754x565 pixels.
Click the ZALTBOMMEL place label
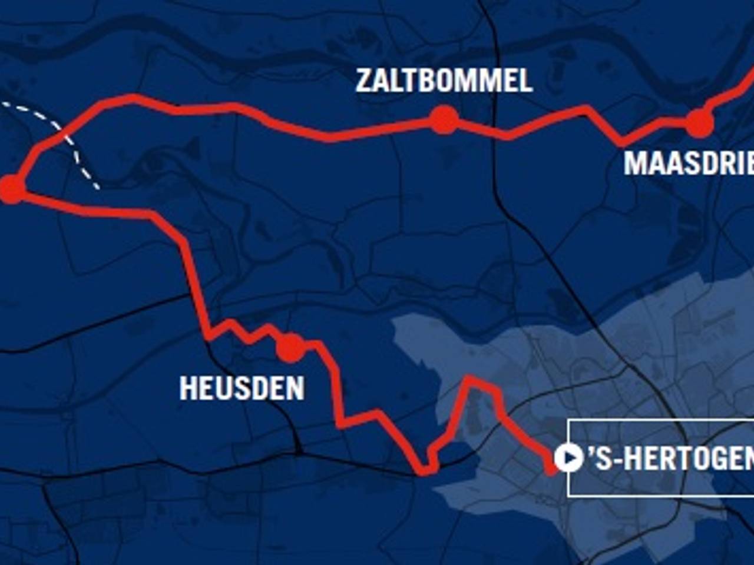[x=444, y=81]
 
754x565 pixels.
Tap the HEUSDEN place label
[x=242, y=388]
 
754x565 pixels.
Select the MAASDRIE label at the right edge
[x=688, y=163]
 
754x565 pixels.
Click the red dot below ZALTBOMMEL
[x=444, y=120]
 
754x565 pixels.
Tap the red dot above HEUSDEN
[x=290, y=347]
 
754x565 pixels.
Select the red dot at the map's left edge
[x=11, y=189]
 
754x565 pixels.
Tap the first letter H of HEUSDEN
[x=187, y=388]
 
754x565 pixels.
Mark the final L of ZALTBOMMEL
[x=525, y=81]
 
